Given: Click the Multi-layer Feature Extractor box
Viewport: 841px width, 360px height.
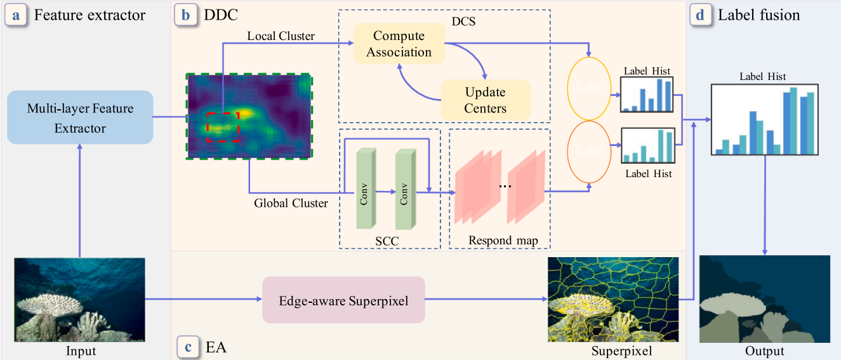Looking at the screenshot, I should (81, 117).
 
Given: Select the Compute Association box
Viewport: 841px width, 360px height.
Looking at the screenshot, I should (399, 44).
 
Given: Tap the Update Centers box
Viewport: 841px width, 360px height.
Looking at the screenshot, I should (485, 100).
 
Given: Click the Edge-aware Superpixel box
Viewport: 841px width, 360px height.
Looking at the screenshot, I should (343, 300).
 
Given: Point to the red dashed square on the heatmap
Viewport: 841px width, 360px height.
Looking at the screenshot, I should (222, 127).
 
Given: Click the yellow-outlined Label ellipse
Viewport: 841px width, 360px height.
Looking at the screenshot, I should (590, 88).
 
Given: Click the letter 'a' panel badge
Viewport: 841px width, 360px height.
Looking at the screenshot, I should (15, 15).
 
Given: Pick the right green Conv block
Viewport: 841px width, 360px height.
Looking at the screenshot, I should (405, 189).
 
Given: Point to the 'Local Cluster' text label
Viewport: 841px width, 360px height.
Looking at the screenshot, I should (281, 36).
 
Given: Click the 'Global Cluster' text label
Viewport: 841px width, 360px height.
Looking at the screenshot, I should (291, 203).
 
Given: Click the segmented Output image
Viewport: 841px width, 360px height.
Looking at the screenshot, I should (764, 299).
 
